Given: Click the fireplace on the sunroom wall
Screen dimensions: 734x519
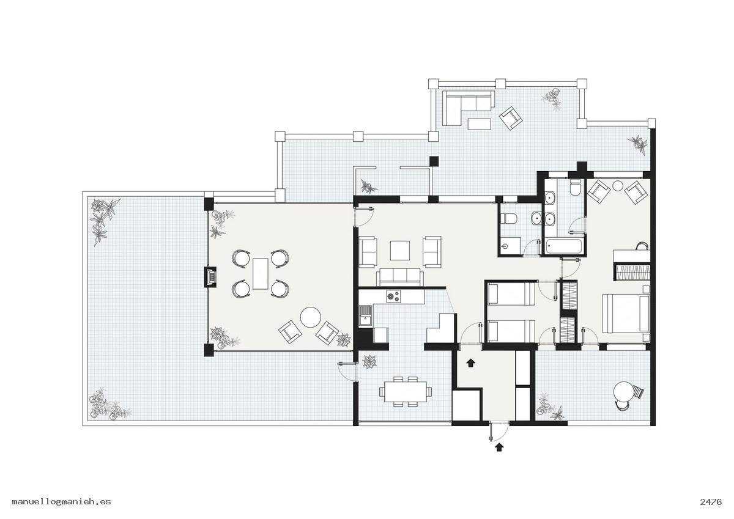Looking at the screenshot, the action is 210,278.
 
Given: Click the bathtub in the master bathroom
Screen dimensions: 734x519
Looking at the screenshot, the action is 565,246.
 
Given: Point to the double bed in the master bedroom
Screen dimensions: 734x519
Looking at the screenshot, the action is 626,314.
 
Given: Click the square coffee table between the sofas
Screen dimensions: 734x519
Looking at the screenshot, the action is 400,251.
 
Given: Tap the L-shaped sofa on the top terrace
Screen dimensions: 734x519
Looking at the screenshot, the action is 465,108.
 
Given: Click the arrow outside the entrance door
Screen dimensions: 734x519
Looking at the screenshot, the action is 499,447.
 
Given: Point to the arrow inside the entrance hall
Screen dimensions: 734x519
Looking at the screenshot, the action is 470,363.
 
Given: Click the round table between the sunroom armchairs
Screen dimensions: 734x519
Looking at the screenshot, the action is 310,317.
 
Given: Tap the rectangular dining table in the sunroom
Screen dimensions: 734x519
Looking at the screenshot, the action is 261,274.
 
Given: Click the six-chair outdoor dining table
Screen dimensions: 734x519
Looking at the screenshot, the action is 406,392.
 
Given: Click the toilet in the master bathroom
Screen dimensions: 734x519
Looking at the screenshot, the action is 575,188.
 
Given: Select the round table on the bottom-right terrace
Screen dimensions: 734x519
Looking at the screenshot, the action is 623,392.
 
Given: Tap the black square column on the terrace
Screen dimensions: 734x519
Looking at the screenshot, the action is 434,161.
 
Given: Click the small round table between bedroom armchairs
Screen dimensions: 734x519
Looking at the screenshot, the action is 618,186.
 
